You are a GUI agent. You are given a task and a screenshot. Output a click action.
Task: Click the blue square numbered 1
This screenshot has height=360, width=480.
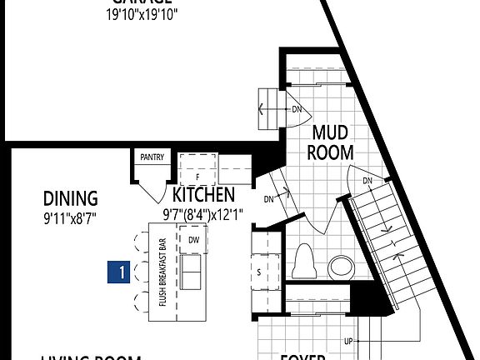(x=121, y=272)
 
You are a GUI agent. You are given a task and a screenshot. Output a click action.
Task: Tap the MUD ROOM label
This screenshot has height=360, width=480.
(x=331, y=142)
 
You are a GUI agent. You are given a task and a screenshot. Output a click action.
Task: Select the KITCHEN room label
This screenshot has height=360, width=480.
(x=203, y=195)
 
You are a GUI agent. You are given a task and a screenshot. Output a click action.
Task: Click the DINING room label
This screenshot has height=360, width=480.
(x=71, y=198)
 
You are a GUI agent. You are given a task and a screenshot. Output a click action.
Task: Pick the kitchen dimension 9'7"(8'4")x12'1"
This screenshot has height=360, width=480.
(x=202, y=214)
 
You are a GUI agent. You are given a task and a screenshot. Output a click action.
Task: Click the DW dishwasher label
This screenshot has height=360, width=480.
(x=194, y=240)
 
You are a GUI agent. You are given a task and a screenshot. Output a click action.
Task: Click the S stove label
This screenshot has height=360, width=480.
(x=259, y=272)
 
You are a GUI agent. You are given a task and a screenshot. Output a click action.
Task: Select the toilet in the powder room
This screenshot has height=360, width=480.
(x=304, y=260)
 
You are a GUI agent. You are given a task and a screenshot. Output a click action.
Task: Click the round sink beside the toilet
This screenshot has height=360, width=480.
(x=341, y=267)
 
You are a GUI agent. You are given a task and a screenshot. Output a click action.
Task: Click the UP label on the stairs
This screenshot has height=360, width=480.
(x=347, y=342)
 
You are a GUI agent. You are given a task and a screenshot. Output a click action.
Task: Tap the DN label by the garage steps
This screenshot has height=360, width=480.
(x=296, y=107)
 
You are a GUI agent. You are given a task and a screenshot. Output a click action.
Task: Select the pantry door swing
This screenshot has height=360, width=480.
(x=152, y=190)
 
